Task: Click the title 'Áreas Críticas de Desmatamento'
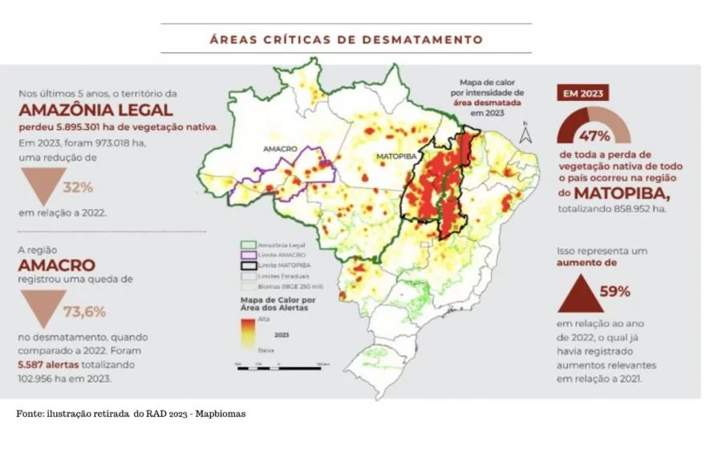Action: pyautogui.click(x=346, y=38)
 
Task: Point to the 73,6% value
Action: pyautogui.click(x=84, y=311)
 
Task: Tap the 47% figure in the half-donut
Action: pyautogui.click(x=594, y=134)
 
